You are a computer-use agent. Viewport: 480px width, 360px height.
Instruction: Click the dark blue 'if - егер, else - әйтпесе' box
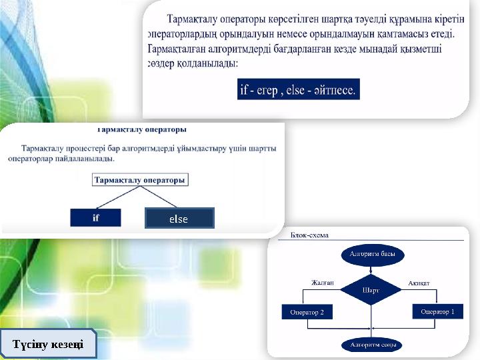[298, 89]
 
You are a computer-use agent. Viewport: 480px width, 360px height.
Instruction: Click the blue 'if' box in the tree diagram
[95, 217]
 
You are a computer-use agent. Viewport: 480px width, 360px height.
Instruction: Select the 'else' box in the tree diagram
[179, 219]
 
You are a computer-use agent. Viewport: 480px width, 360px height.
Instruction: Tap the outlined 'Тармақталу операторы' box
[140, 180]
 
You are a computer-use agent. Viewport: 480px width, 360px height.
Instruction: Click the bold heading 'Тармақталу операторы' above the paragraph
[142, 129]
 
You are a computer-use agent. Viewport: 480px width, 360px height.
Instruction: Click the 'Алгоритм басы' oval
[372, 255]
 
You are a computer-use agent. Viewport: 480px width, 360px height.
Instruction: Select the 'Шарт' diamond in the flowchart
[371, 290]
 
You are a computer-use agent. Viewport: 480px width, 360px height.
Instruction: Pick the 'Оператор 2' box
[307, 312]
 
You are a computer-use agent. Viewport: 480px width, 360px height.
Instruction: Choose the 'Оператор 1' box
[437, 311]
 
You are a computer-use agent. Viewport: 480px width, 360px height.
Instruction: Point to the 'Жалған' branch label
[322, 283]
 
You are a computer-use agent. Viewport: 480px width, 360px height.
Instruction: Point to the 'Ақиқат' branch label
[419, 283]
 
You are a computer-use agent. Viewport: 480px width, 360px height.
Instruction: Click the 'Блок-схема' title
[310, 235]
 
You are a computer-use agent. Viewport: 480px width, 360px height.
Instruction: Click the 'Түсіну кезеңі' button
[48, 344]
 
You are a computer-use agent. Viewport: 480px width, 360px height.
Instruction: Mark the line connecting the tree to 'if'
[117, 197]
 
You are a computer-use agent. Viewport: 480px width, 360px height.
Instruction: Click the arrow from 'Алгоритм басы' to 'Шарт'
[371, 269]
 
